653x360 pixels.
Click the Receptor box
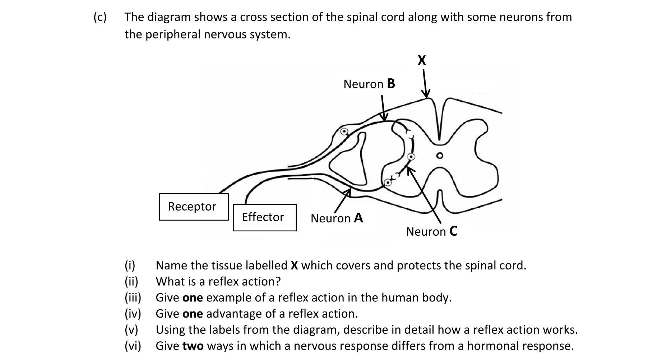(x=194, y=207)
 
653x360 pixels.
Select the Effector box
(x=264, y=217)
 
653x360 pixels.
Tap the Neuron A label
(x=337, y=218)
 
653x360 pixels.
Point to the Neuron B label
(x=369, y=84)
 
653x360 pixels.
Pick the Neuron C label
(x=431, y=231)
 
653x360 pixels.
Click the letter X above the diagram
(x=422, y=60)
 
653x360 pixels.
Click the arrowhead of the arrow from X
(x=426, y=95)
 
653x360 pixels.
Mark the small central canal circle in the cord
(x=439, y=156)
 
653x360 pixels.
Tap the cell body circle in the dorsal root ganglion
(x=344, y=131)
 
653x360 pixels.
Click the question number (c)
(x=100, y=17)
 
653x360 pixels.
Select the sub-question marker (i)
(x=130, y=266)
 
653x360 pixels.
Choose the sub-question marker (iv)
(x=133, y=314)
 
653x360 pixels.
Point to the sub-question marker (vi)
(x=133, y=346)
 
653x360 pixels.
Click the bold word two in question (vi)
(x=193, y=346)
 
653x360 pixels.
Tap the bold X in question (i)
(x=294, y=266)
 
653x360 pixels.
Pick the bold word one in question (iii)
(x=193, y=298)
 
